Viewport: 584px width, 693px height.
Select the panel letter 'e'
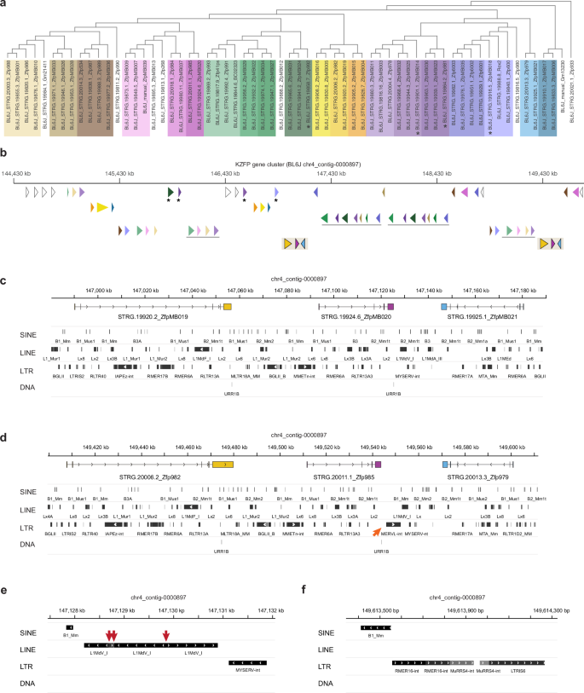[4, 587]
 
